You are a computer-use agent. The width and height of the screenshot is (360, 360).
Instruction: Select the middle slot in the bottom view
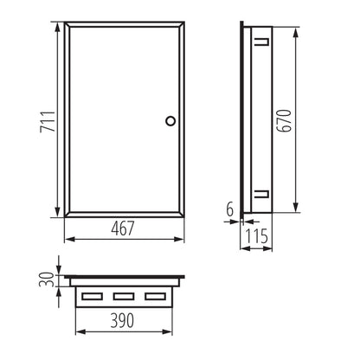[122, 298]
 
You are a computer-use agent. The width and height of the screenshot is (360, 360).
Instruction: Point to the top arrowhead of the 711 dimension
[59, 27]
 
